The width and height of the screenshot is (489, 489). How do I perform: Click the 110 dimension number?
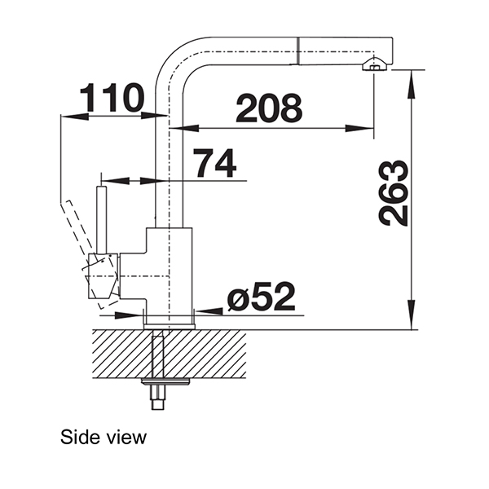[112, 98]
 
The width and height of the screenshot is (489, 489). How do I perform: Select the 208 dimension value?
[269, 108]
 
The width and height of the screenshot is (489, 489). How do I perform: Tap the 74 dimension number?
[215, 163]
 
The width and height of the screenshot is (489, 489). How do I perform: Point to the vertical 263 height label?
[394, 193]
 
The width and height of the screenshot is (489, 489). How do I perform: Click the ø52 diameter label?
[262, 297]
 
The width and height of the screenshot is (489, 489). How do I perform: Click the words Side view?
[104, 437]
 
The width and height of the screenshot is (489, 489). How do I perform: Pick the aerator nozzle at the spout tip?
[375, 65]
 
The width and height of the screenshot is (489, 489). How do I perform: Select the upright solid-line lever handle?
[102, 220]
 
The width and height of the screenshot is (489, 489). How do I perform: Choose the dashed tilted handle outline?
[88, 253]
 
